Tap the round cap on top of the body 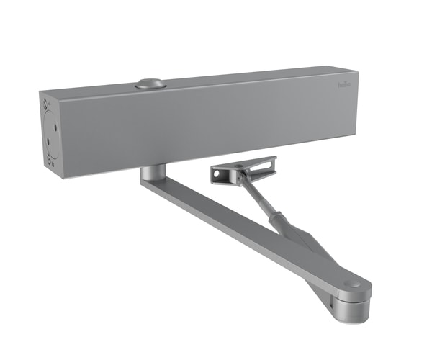click(x=148, y=84)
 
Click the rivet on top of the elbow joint click(x=351, y=285)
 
